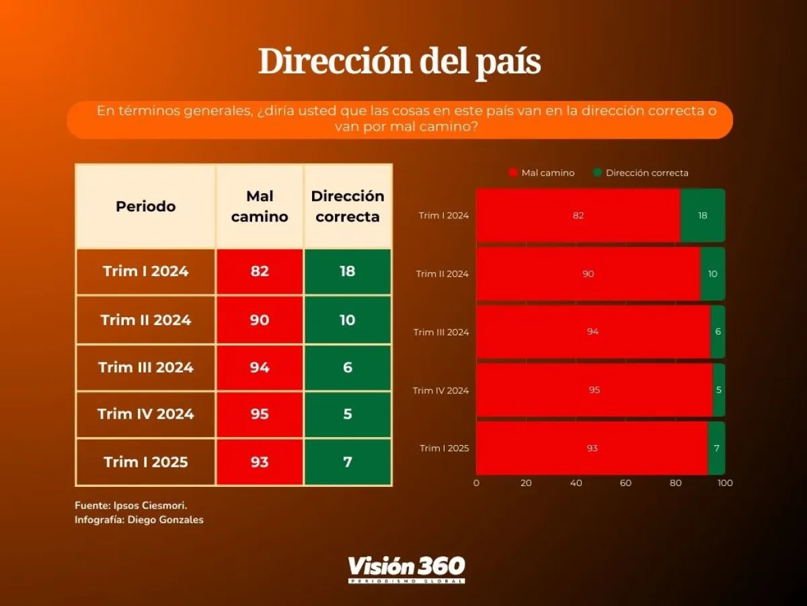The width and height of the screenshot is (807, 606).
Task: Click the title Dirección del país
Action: (399, 62)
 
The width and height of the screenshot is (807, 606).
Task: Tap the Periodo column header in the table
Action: (145, 206)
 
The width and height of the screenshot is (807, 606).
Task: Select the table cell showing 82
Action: (260, 271)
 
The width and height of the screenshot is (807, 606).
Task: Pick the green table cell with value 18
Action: (347, 271)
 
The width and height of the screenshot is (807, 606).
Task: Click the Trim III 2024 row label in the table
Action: (145, 368)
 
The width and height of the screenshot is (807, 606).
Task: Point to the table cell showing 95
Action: (260, 414)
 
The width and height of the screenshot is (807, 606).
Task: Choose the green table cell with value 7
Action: (347, 462)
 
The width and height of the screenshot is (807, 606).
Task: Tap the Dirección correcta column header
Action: (347, 206)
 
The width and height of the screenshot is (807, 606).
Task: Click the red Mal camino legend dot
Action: (514, 173)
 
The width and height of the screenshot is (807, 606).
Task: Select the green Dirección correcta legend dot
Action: (597, 173)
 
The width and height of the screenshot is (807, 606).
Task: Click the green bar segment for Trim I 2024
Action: (703, 215)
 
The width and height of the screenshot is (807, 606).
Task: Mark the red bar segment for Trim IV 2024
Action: (594, 391)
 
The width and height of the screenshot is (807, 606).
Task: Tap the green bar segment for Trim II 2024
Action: (713, 274)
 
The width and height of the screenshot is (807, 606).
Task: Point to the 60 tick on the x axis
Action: (625, 483)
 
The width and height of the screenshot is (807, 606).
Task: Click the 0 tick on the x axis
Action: (476, 483)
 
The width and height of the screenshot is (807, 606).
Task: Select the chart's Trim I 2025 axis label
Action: (444, 448)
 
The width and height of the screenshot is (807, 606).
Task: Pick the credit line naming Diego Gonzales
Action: (139, 520)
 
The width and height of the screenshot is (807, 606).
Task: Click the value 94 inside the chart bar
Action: (592, 332)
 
